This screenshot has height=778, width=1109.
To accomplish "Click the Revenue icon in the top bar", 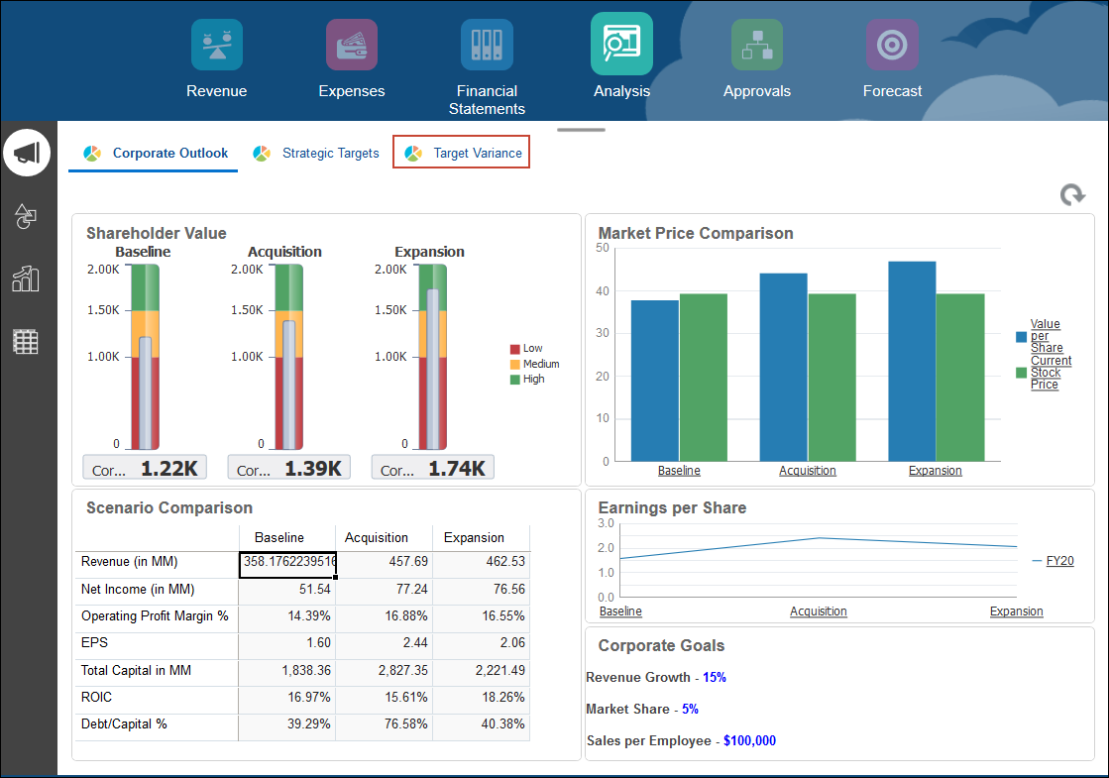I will pyautogui.click(x=216, y=46).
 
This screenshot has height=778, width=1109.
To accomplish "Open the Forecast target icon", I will pyautogui.click(x=892, y=46).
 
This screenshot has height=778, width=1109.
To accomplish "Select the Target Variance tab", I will pyautogui.click(x=462, y=153).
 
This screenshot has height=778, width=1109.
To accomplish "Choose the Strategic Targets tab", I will pyautogui.click(x=316, y=153).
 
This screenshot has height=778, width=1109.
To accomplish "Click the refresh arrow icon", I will pyautogui.click(x=1072, y=195).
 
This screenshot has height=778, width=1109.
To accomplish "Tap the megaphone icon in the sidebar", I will pyautogui.click(x=27, y=153).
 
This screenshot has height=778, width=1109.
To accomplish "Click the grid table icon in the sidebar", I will pyautogui.click(x=26, y=342).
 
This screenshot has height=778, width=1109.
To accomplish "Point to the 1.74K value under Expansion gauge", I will pyautogui.click(x=456, y=469).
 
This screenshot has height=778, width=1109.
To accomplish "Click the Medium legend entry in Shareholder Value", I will pyautogui.click(x=540, y=364).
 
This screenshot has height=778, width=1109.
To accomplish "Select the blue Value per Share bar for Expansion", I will pyautogui.click(x=912, y=361).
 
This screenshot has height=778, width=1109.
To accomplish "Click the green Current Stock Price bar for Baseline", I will pyautogui.click(x=703, y=377).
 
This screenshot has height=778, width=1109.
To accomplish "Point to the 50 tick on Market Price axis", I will pyautogui.click(x=603, y=248).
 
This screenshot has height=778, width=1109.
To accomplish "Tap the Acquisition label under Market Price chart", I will pyautogui.click(x=807, y=471).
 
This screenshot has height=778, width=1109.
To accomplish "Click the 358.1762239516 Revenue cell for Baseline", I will pyautogui.click(x=287, y=562).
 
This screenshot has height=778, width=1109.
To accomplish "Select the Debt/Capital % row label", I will pyautogui.click(x=124, y=724).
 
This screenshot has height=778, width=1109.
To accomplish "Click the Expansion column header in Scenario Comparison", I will pyautogui.click(x=474, y=537).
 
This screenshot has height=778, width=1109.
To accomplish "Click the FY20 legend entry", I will pyautogui.click(x=1059, y=561).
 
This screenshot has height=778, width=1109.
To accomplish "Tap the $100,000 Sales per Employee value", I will pyautogui.click(x=749, y=741).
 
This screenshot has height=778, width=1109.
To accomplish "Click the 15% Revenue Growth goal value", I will pyautogui.click(x=715, y=678).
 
